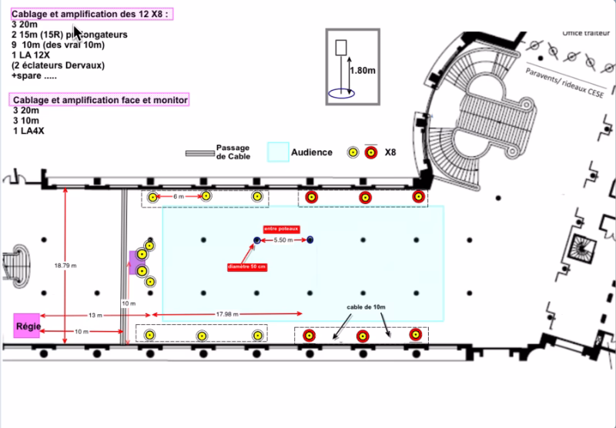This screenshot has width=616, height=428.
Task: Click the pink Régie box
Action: tap(28, 326)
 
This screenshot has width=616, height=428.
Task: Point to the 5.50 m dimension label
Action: tap(284, 241)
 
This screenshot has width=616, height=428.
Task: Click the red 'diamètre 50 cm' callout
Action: tap(247, 266)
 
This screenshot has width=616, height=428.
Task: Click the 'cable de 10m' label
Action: tap(366, 307)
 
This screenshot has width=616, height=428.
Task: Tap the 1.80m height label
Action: tap(363, 70)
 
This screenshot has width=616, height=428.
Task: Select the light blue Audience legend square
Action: tap(277, 152)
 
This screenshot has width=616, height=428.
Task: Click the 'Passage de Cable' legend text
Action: tap(232, 152)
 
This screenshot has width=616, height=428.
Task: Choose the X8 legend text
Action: tap(390, 152)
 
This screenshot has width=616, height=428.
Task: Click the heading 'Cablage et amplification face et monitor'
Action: tap(100, 100)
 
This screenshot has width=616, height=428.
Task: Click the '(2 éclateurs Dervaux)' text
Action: tap(58, 65)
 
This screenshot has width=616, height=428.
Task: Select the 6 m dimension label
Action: tap(179, 197)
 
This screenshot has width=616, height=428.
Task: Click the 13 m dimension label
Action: tap(94, 316)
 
